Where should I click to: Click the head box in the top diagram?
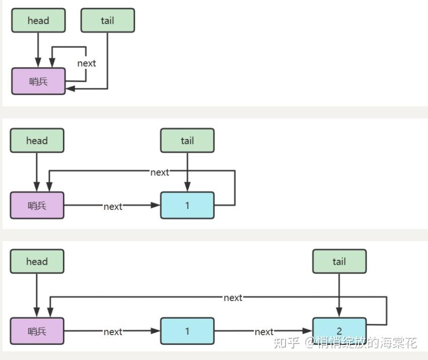click(x=38, y=21)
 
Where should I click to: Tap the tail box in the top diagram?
click(x=108, y=21)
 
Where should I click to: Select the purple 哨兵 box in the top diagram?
click(x=38, y=82)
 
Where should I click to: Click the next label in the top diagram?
click(x=87, y=63)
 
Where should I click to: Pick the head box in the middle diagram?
click(x=37, y=140)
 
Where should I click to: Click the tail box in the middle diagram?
click(x=187, y=140)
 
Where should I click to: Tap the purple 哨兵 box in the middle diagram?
click(x=37, y=205)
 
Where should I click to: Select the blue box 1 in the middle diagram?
click(x=187, y=205)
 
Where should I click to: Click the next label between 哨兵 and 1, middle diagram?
click(x=113, y=206)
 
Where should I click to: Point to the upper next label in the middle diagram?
click(x=160, y=173)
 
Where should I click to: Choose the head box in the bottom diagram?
click(x=37, y=261)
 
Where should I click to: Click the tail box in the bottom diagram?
click(x=339, y=261)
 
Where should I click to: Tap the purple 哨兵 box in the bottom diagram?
click(x=37, y=331)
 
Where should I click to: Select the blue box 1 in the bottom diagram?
click(x=187, y=331)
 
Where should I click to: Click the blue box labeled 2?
click(x=339, y=331)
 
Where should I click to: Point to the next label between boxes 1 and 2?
click(x=264, y=332)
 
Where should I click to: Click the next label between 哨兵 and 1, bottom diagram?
click(x=113, y=332)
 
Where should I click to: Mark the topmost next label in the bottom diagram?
click(x=233, y=298)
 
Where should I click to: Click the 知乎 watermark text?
click(x=287, y=343)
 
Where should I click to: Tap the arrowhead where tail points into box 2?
click(x=339, y=313)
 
